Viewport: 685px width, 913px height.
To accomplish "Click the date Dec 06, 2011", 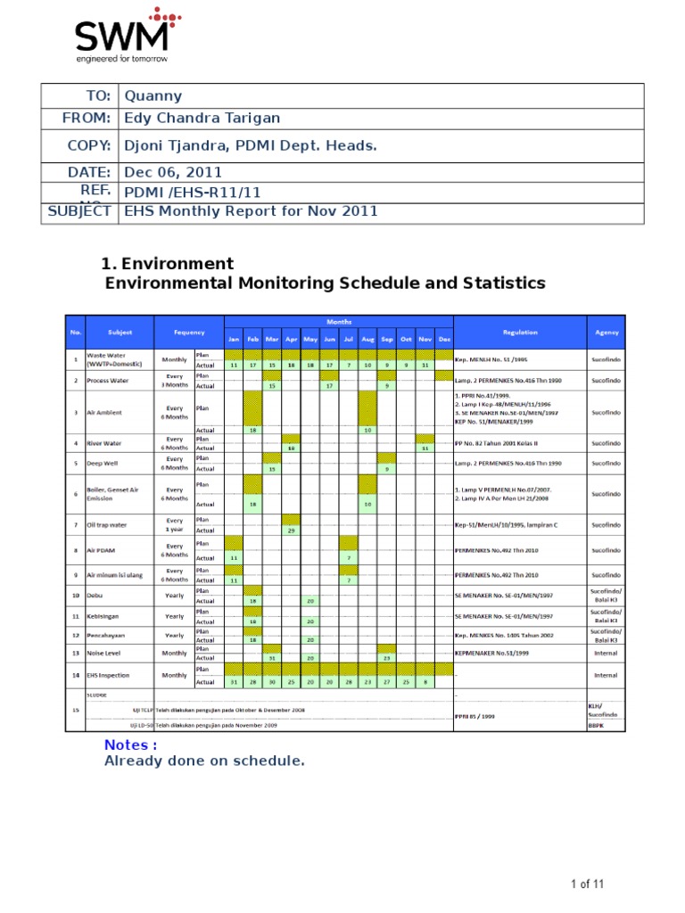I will (x=173, y=172).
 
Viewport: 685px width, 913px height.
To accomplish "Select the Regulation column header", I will (x=520, y=332).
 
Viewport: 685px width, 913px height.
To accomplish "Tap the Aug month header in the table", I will (x=367, y=340).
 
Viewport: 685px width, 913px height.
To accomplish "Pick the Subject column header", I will (x=120, y=332).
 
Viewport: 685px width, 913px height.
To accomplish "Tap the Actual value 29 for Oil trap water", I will (x=291, y=531).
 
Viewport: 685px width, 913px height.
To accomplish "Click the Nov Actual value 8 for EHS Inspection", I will (x=425, y=682).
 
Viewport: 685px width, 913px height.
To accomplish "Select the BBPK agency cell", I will (x=596, y=726).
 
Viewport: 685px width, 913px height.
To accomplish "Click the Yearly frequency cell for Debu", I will (x=174, y=595).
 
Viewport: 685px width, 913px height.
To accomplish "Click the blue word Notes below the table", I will (x=131, y=744).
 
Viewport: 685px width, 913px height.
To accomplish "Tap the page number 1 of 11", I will (x=588, y=884).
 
